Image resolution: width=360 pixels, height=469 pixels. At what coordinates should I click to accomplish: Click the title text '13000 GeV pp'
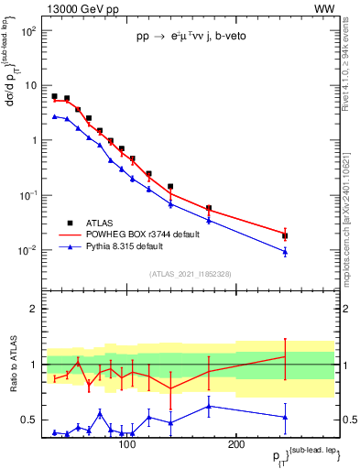pos(77,8)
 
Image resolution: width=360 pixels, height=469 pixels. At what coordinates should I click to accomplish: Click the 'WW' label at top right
pos(324,8)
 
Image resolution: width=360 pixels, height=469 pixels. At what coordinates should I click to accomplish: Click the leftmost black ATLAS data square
pos(55,96)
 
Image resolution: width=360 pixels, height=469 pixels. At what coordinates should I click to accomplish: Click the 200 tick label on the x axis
pos(235,444)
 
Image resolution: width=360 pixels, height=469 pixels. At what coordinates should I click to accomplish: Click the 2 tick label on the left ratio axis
pos(34,309)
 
